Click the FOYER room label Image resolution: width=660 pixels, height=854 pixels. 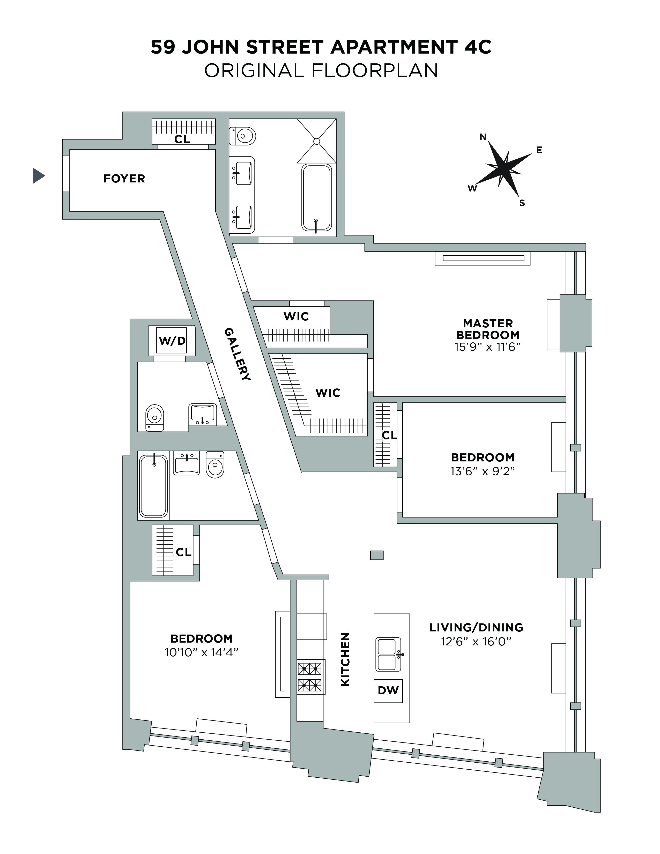pos(124,179)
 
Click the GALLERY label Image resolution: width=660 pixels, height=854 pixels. pos(237,354)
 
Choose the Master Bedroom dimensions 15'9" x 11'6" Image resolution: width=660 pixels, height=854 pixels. pos(488,347)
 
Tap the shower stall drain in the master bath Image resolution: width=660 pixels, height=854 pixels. pos(317,141)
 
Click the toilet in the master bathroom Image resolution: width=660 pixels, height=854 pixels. pos(243,136)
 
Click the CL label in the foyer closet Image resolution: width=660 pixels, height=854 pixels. pos(182,139)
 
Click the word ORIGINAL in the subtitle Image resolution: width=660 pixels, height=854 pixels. pos(254,71)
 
